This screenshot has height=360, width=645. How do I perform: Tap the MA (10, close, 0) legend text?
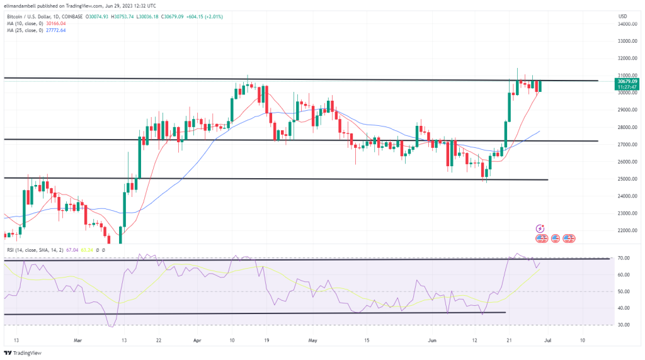coord(25,23)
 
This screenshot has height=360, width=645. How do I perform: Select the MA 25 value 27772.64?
coord(54,30)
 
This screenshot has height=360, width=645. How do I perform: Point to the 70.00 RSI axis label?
coord(625,258)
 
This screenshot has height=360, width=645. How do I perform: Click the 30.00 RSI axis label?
coord(625,325)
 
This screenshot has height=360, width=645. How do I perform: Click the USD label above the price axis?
coord(623,16)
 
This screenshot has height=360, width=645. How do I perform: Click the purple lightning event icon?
coord(539,228)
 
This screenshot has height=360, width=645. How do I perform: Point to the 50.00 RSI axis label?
coord(625,291)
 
